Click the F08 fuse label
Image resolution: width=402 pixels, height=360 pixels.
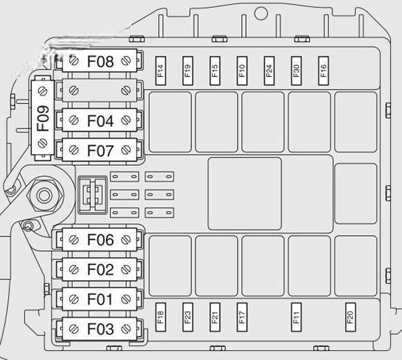(x=101, y=61)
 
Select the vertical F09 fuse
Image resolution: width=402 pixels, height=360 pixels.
(x=42, y=117)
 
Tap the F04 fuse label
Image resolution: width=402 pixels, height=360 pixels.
(x=101, y=121)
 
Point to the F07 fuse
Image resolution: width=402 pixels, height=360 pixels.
(x=100, y=150)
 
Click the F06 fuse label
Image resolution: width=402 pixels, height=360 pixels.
(x=101, y=240)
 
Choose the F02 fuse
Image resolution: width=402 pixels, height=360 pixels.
(x=100, y=269)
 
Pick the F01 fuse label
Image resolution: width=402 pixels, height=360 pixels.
(x=100, y=299)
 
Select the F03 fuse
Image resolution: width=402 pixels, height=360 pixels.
(x=100, y=329)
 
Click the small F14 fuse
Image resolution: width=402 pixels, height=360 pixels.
(x=161, y=71)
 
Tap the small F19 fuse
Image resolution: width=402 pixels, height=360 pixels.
(x=188, y=71)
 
